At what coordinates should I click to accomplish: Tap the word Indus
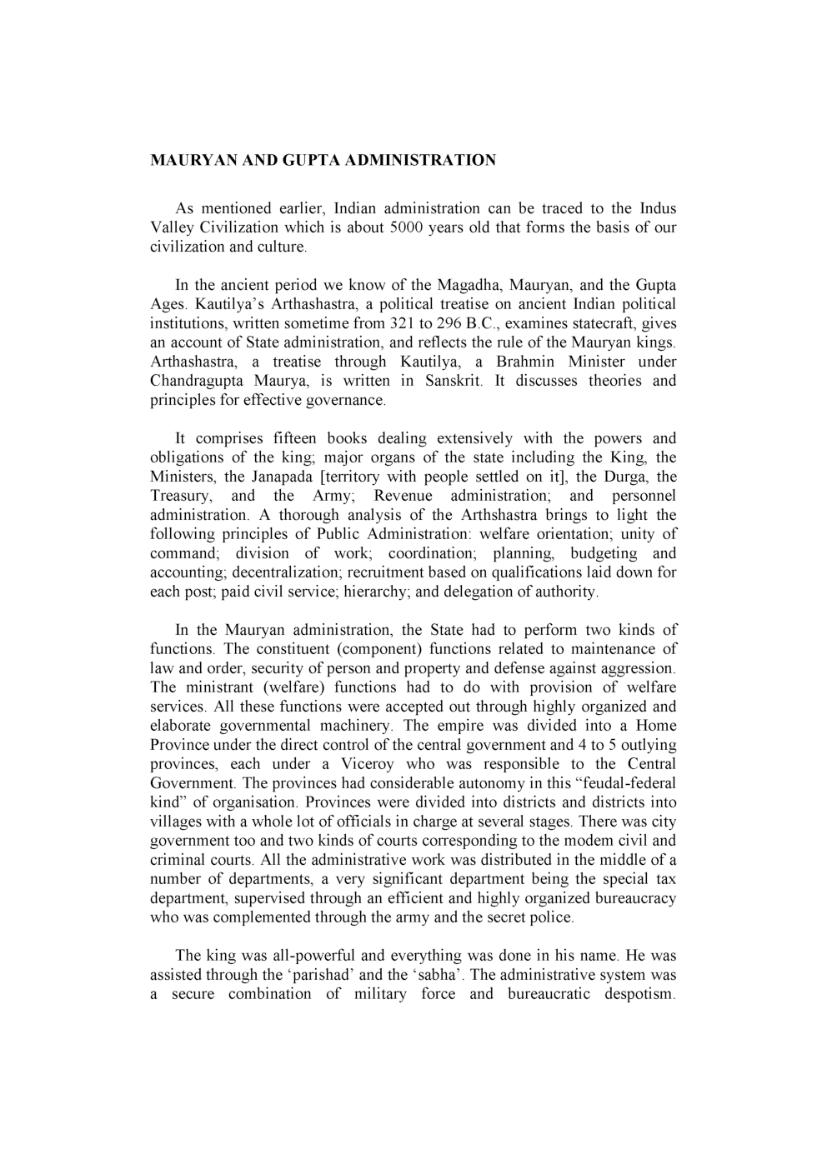point(658,208)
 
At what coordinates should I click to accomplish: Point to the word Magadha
point(468,285)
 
